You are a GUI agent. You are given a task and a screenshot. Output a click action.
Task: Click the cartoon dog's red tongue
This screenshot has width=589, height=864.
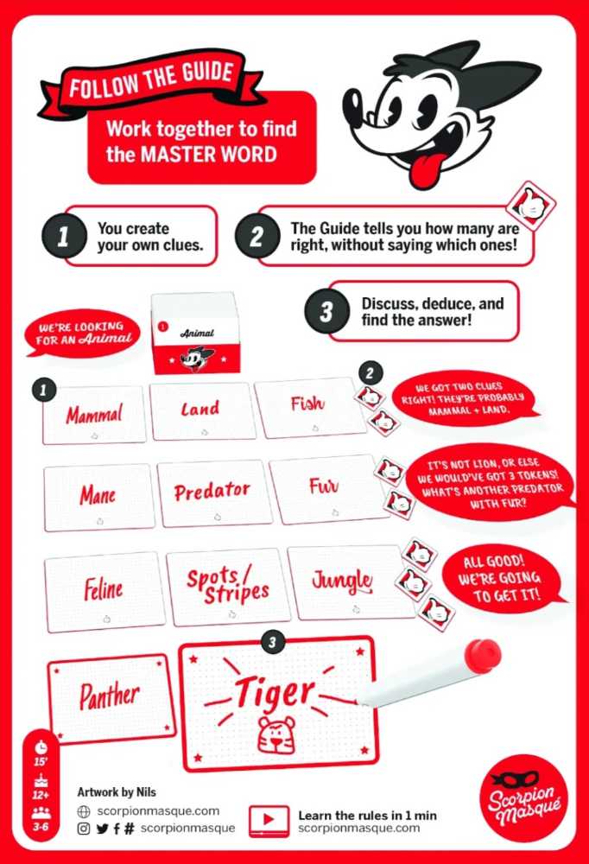tap(426, 169)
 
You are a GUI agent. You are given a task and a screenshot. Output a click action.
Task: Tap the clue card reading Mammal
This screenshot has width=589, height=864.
tap(94, 414)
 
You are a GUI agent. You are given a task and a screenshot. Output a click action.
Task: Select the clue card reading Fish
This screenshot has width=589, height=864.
tap(308, 406)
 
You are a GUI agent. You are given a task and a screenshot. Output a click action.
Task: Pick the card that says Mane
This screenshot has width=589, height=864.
tap(98, 497)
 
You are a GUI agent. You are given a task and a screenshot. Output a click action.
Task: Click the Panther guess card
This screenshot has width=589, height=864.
tap(110, 696)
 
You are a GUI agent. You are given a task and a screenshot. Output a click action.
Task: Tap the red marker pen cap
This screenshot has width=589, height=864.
tap(482, 654)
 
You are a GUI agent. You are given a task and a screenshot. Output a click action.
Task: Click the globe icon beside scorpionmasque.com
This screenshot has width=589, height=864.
tap(84, 811)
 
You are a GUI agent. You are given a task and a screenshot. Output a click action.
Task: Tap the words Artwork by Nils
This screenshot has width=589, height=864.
tap(117, 791)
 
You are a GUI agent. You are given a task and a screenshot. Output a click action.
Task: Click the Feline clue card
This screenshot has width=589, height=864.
tap(104, 591)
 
